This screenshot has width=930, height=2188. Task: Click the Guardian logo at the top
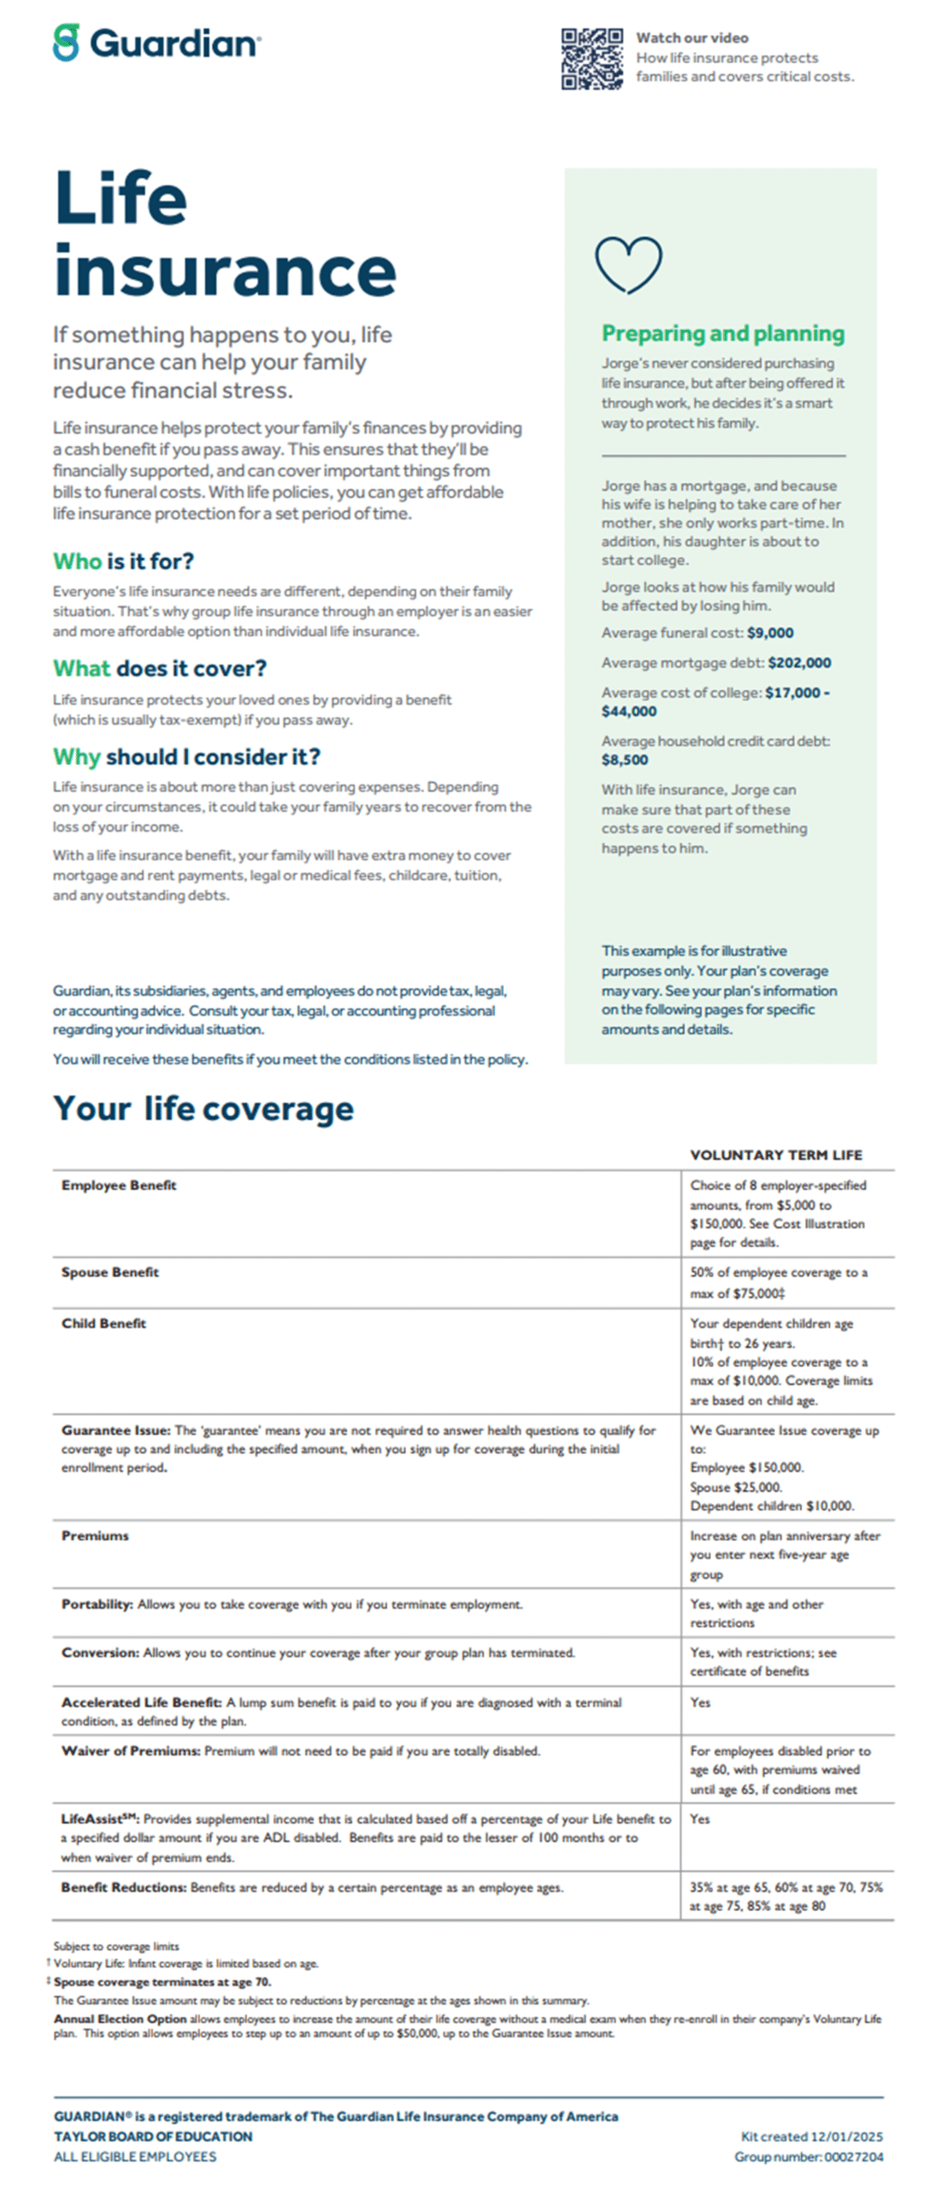[x=156, y=43]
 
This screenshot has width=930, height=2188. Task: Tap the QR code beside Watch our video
[x=592, y=59]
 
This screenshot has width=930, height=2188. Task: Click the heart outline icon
[x=628, y=264]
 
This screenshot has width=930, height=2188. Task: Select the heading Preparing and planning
[x=722, y=333]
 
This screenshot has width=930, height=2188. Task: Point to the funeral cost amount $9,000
[x=769, y=633]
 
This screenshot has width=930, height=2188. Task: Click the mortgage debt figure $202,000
[x=799, y=663]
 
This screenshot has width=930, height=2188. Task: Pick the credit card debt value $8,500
[x=625, y=760]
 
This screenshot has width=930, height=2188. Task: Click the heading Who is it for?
[x=123, y=562]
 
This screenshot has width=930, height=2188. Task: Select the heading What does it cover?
[x=159, y=668]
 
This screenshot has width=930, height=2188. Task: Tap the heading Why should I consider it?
[x=186, y=757]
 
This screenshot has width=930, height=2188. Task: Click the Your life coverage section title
[x=203, y=1109]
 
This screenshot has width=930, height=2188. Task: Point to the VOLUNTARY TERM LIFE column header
[x=775, y=1156]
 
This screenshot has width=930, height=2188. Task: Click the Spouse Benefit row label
[x=109, y=1273]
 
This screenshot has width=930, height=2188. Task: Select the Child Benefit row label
[x=103, y=1324]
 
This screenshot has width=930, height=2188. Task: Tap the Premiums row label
[x=95, y=1536]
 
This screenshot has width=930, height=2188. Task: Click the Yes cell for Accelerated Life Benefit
[x=700, y=1703]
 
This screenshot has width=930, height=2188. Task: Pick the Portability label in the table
[x=97, y=1604]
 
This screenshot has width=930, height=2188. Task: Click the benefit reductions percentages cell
[x=786, y=1897]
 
